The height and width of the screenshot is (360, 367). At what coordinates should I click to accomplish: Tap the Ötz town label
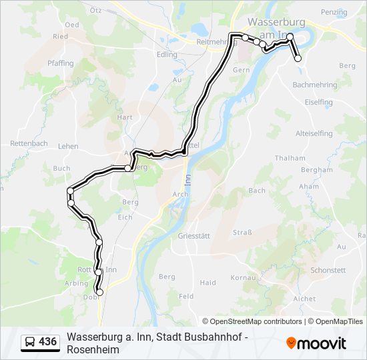[95, 11]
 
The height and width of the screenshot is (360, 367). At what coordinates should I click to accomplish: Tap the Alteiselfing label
[314, 133]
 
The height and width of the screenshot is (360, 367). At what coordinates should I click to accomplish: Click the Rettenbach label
[29, 143]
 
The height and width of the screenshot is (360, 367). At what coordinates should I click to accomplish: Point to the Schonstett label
[328, 270]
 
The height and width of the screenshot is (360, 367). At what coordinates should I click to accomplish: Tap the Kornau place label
[242, 277]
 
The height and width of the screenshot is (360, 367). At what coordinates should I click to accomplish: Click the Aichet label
[304, 299]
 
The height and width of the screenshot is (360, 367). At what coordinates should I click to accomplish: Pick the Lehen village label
[68, 146]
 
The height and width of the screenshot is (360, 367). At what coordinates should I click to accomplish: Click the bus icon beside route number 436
[30, 342]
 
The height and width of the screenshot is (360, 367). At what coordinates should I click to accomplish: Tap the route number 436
[48, 342]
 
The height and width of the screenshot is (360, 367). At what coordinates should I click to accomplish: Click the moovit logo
[316, 343]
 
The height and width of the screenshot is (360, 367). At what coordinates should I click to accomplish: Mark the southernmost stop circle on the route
[100, 292]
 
